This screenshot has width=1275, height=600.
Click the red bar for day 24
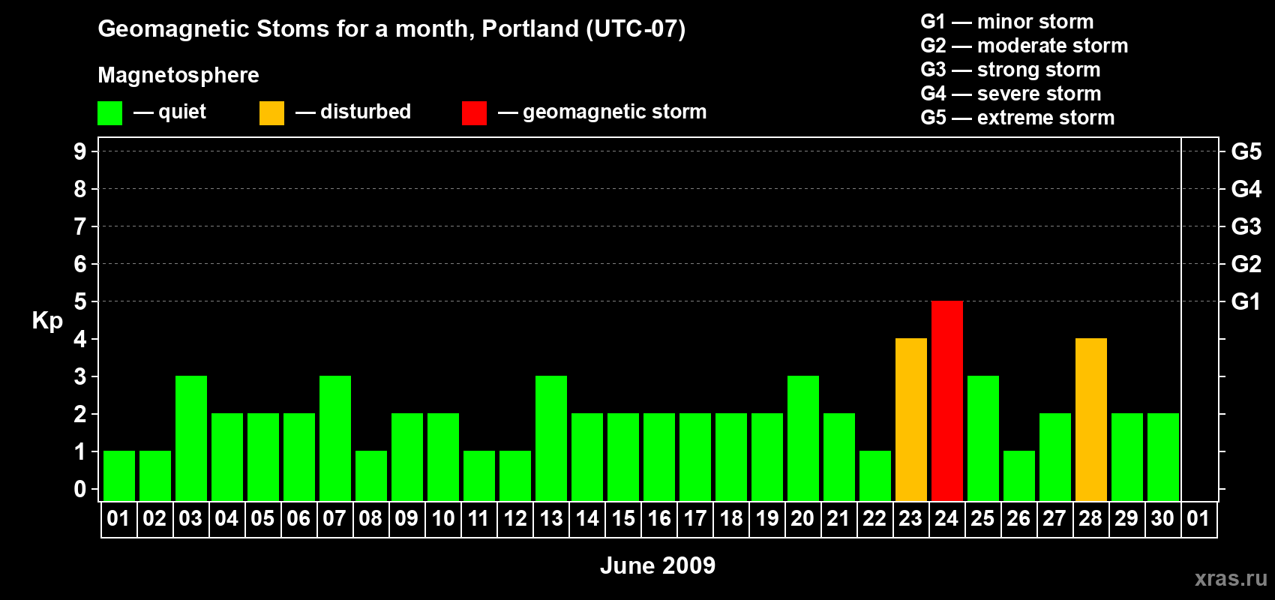947,400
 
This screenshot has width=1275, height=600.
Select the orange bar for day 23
911,419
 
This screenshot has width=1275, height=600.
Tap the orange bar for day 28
1091,419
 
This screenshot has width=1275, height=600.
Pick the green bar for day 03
191,438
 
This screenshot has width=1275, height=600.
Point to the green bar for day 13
551,438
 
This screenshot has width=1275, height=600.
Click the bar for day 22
875,476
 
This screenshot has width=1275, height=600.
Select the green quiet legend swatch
109,112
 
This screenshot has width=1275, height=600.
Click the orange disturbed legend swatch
271,112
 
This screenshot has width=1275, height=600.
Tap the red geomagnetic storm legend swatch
474,112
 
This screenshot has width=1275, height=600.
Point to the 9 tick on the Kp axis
79,151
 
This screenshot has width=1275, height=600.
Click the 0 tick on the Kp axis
79,489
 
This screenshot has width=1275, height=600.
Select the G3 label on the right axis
1246,226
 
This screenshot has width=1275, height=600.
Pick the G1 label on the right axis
1246,301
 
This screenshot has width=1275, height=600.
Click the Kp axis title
47,321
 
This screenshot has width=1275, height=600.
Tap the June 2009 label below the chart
658,565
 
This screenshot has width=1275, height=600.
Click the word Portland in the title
530,28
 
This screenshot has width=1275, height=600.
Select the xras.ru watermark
1231,579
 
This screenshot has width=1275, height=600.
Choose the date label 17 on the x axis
695,518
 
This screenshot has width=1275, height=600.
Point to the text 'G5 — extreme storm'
1017,118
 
